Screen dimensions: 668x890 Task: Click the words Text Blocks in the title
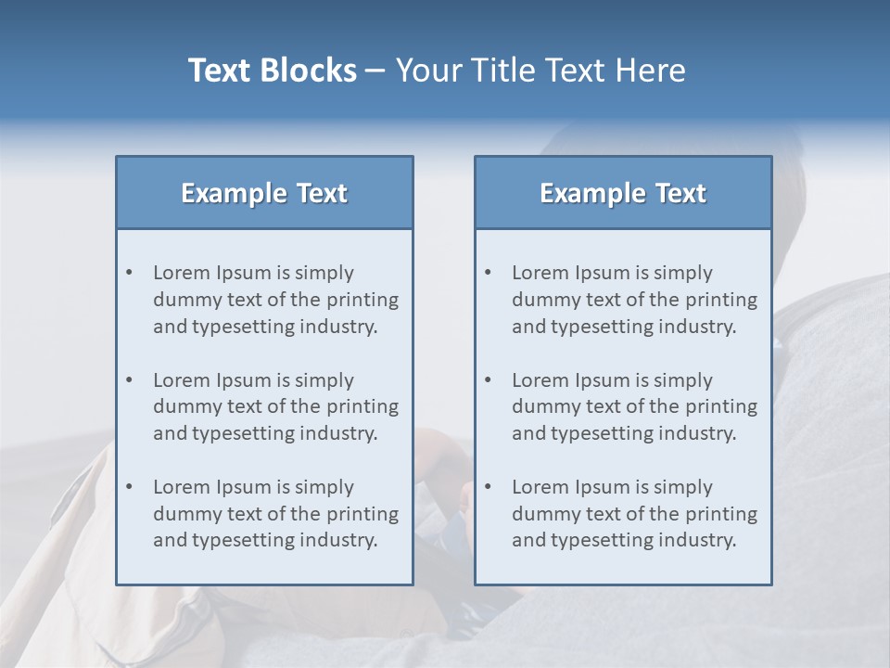[272, 71]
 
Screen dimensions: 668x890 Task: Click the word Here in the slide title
[652, 71]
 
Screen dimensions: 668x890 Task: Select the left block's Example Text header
[264, 193]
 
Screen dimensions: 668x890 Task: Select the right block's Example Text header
[623, 193]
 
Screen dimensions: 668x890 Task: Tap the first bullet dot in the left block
[130, 273]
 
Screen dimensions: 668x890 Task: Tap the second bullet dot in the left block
[130, 380]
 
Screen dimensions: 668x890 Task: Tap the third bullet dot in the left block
[130, 487]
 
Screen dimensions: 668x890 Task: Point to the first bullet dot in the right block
[489, 273]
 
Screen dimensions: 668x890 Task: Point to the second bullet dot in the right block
[489, 380]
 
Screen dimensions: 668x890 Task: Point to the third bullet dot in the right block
[489, 487]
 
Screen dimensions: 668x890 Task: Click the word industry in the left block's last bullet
[341, 541]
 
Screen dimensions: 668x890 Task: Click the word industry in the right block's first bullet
[700, 327]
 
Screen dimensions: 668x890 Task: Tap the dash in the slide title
[375, 71]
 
